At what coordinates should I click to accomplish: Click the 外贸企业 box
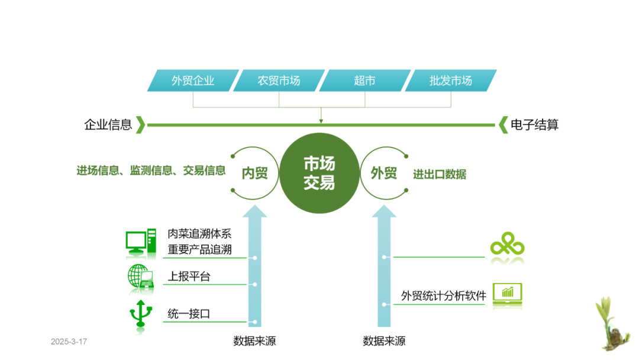coord(193,81)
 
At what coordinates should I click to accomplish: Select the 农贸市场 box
coord(279,81)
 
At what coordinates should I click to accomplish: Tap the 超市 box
coord(364,81)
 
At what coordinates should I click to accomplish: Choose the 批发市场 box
coord(451,81)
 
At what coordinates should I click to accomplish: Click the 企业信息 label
coord(108,125)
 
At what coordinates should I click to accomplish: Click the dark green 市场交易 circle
coord(319,173)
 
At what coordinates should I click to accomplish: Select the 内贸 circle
coord(255,173)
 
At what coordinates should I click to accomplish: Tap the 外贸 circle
coord(384,173)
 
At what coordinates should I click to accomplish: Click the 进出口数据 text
coord(440,174)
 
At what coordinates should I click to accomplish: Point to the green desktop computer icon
coord(141,242)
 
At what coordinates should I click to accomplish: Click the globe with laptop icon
coord(141,277)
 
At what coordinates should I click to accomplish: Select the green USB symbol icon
coord(141,313)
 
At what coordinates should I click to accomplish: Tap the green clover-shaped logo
coord(507,243)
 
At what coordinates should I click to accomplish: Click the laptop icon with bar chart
coord(507,294)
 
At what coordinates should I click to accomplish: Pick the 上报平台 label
coord(189,277)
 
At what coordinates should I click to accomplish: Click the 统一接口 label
coord(189,313)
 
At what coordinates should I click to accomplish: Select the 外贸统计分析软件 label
coord(443,295)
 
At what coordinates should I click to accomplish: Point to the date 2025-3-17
coord(69,342)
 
